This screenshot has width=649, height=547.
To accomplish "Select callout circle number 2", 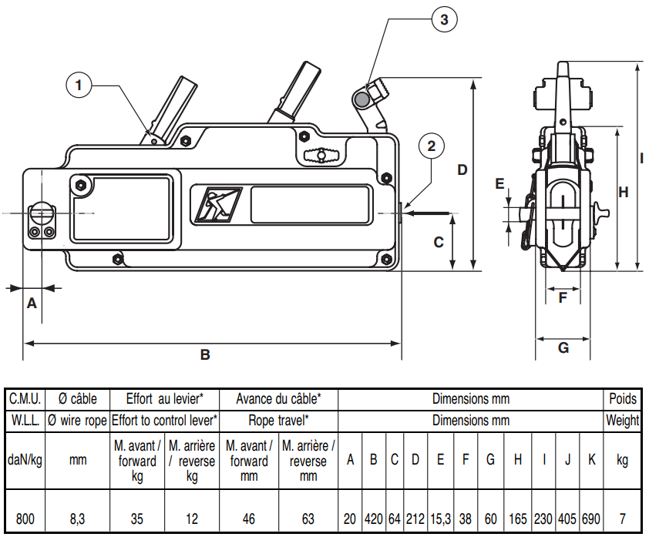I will (431, 146).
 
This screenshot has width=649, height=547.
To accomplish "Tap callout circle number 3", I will (443, 21).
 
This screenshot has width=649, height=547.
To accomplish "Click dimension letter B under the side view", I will (205, 354).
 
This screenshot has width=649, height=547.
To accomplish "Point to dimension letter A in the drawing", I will (32, 303).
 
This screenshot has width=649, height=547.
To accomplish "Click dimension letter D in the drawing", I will (462, 169).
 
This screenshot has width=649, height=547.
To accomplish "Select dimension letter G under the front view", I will (563, 347).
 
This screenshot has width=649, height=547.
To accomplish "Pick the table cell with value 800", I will (25, 519).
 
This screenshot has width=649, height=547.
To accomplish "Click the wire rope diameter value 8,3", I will (78, 519).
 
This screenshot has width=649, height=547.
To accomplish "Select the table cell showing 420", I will (373, 519).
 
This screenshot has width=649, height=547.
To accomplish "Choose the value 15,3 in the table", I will (440, 519).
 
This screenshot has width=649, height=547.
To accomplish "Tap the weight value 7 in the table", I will (623, 519).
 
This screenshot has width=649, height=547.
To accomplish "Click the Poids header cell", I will (623, 398).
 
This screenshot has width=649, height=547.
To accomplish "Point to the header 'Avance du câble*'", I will (278, 398).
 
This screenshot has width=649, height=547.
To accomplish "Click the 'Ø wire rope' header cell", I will (78, 421).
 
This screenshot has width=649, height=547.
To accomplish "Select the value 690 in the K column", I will (590, 519).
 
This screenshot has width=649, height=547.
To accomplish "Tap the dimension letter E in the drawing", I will (499, 183).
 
